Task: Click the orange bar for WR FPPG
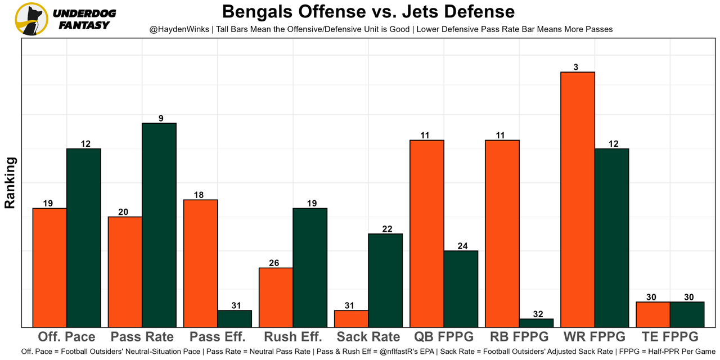pyautogui.click(x=578, y=199)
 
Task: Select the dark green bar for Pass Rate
pyautogui.click(x=159, y=225)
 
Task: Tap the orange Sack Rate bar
pyautogui.click(x=352, y=319)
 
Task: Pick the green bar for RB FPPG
pyautogui.click(x=536, y=323)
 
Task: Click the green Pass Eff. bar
pyautogui.click(x=235, y=319)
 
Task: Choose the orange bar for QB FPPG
pyautogui.click(x=427, y=233)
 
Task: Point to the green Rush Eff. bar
pyautogui.click(x=310, y=268)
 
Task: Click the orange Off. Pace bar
pyautogui.click(x=50, y=268)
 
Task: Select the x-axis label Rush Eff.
pyautogui.click(x=292, y=337)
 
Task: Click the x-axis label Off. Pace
pyautogui.click(x=66, y=337)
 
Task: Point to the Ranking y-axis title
pyautogui.click(x=10, y=183)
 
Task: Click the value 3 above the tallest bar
pyautogui.click(x=576, y=67)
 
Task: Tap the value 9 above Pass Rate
pyautogui.click(x=161, y=119)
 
